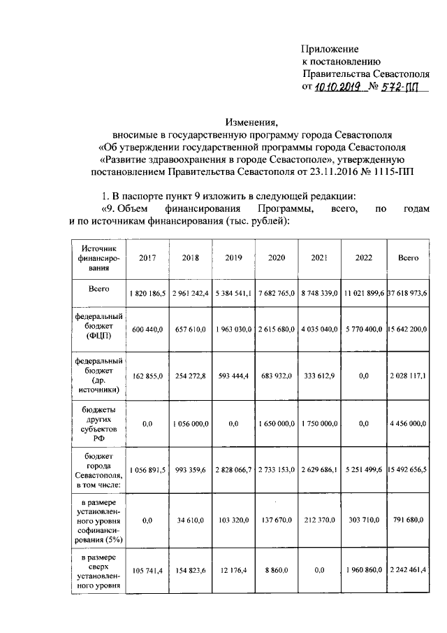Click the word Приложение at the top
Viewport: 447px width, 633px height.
pos(330,49)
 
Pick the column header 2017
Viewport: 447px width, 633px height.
pos(147,258)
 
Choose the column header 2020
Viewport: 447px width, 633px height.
pos(277,258)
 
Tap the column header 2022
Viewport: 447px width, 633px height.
pos(364,258)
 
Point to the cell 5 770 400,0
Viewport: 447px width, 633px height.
pos(364,329)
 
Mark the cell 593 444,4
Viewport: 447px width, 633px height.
pos(233,376)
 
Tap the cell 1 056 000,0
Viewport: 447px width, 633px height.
pos(191,423)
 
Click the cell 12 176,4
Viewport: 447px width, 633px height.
pos(233,571)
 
